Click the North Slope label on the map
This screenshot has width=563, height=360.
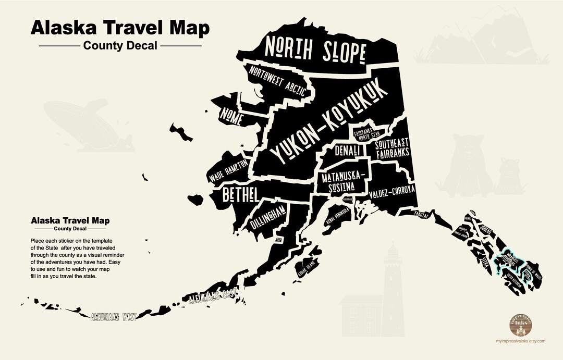[314, 50]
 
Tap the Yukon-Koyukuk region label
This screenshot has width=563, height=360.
[329, 122]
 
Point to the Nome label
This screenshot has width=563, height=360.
[231, 116]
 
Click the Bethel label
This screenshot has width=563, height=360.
[240, 195]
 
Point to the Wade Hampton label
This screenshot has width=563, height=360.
[228, 171]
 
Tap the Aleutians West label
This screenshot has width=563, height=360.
[113, 316]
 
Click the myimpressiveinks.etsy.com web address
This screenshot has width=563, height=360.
[521, 341]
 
